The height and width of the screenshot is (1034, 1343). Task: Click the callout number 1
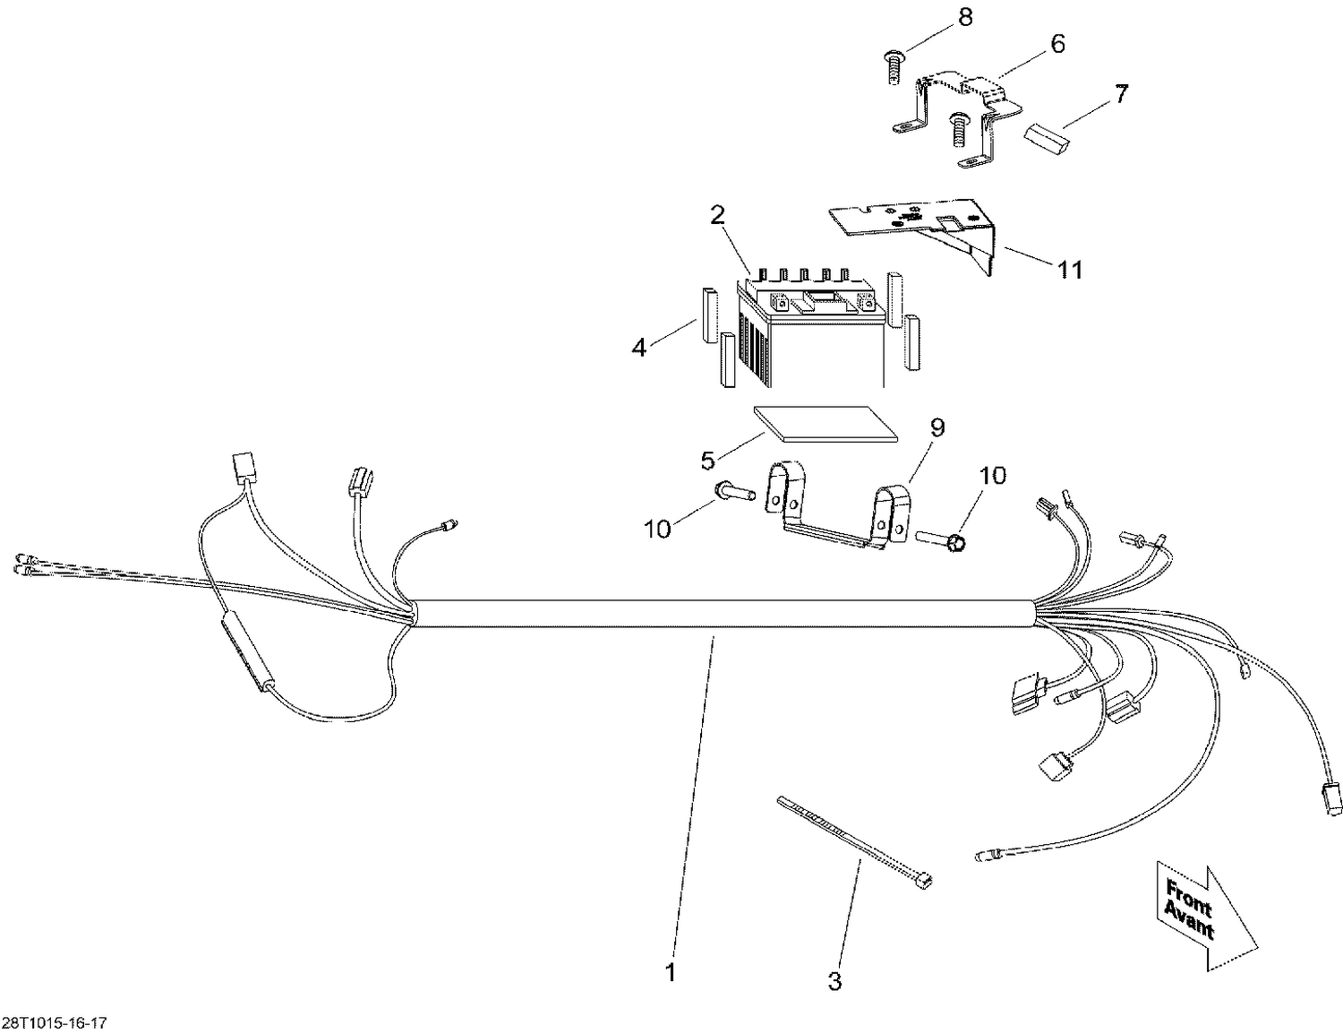[x=671, y=971]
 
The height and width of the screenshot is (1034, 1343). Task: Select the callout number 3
[x=834, y=981]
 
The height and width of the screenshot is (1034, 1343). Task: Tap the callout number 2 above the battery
[x=717, y=215]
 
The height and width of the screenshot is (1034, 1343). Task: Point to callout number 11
[x=1070, y=269]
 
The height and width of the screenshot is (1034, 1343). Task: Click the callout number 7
[x=1121, y=93]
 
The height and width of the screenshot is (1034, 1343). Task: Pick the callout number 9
[x=937, y=427]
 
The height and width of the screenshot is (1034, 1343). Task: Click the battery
[x=810, y=336]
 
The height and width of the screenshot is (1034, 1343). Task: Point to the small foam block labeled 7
[x=1048, y=138]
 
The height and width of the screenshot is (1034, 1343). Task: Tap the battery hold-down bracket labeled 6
[x=958, y=116]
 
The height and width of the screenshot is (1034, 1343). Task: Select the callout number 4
[x=638, y=347]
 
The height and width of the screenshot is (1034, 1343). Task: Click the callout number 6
[x=1057, y=43]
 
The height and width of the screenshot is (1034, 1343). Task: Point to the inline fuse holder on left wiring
[x=244, y=653]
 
